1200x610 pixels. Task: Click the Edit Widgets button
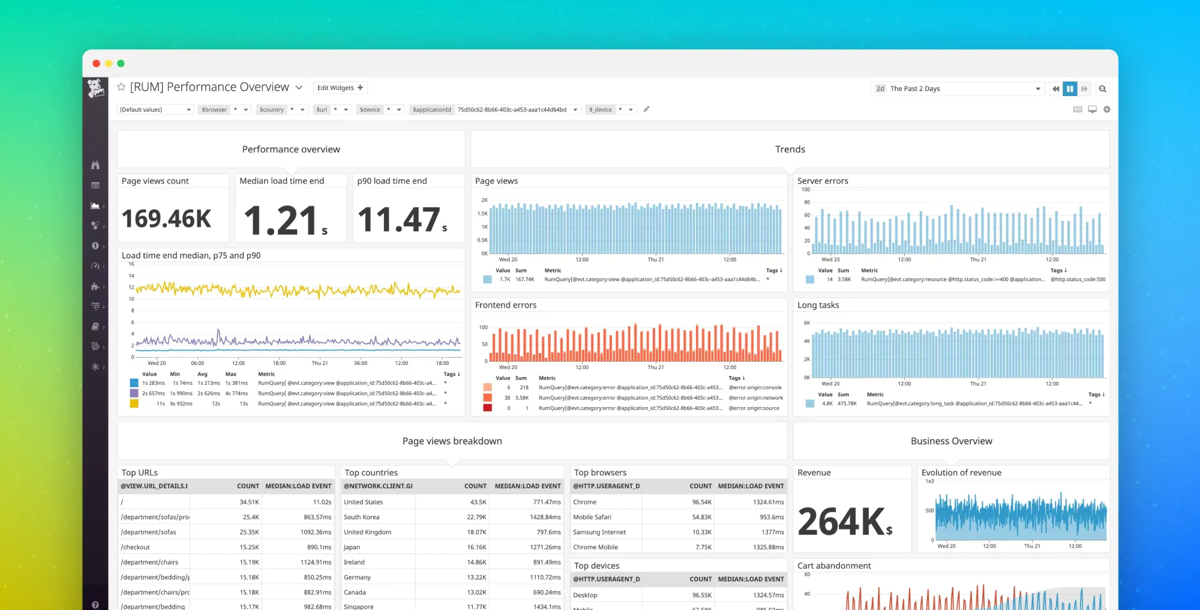tap(340, 88)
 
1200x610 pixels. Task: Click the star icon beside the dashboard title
tap(121, 87)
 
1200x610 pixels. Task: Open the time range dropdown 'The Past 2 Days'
tap(957, 89)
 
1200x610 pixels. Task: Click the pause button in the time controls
tap(1070, 89)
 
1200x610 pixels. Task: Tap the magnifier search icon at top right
tap(1102, 89)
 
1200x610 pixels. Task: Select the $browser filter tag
tap(214, 110)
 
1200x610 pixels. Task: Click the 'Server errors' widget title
tap(823, 181)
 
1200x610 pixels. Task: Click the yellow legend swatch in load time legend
tap(134, 404)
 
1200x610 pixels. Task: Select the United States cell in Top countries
tap(363, 502)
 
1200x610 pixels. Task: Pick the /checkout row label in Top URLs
tap(136, 547)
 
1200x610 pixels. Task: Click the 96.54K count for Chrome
tap(701, 502)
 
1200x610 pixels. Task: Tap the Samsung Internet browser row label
tap(599, 532)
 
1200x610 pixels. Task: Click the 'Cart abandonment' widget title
tap(834, 566)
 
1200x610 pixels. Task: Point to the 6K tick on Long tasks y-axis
tap(807, 323)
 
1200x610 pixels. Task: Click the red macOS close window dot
tap(96, 64)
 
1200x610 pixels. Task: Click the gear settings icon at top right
tap(1107, 109)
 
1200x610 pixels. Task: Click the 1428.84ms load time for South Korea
tap(545, 517)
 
